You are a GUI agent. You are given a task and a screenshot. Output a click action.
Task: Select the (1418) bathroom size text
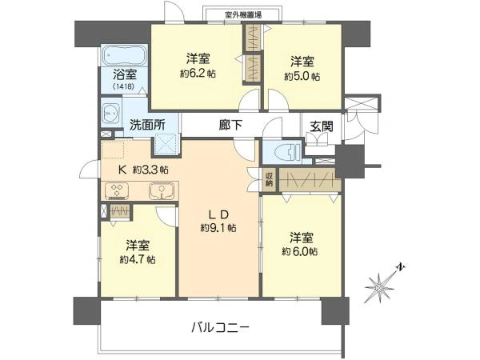pyautogui.click(x=123, y=86)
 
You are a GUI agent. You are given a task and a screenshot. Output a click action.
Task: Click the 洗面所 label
pyautogui.click(x=147, y=125)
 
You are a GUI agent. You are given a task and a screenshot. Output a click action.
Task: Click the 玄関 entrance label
pyautogui.click(x=322, y=125)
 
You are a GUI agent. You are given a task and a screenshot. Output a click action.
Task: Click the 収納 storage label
pyautogui.click(x=270, y=180)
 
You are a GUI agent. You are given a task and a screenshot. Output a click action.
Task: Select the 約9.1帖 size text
pyautogui.click(x=218, y=227)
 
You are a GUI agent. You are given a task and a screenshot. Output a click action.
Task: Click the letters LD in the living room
pyautogui.click(x=219, y=214)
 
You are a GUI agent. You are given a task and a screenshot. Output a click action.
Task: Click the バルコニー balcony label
pyautogui.click(x=221, y=326)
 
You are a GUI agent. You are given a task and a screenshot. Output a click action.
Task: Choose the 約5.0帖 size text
pyautogui.click(x=302, y=76)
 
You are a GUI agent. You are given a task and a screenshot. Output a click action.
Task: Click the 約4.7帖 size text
pyautogui.click(x=137, y=259)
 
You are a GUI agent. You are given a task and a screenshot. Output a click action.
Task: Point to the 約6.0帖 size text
pyautogui.click(x=300, y=251)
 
